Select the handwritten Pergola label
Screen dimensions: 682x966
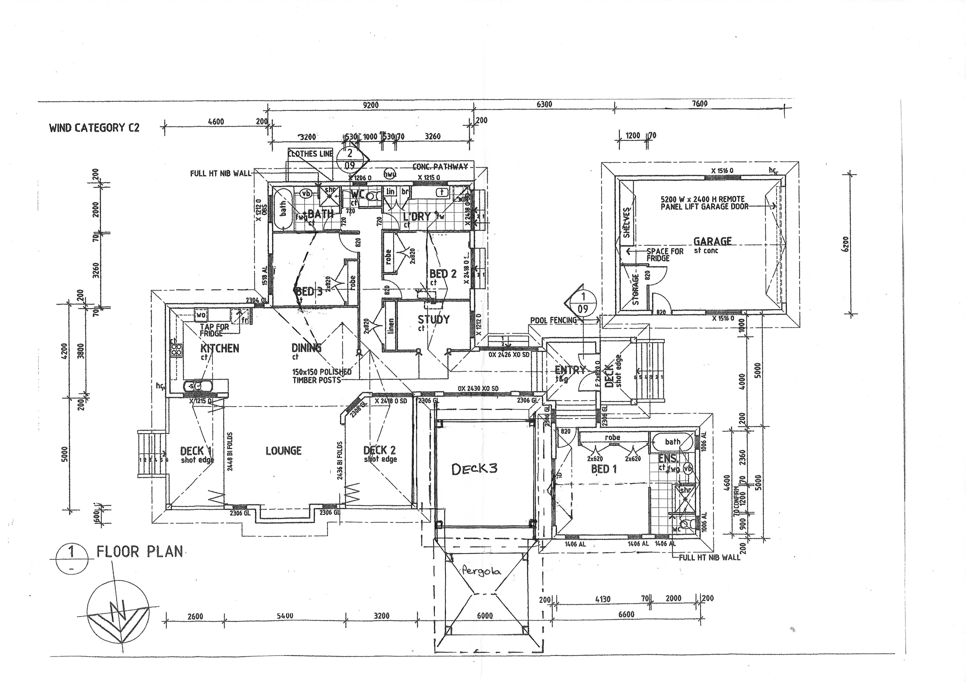tap(481, 571)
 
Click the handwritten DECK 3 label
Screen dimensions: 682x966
tap(474, 469)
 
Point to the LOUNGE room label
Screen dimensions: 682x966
tap(284, 451)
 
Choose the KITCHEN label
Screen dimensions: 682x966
tap(220, 348)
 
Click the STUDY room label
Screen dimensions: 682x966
tap(433, 320)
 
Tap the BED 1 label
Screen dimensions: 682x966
tap(604, 469)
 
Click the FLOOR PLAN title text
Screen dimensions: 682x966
tap(140, 551)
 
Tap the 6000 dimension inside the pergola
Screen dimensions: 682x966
tap(485, 615)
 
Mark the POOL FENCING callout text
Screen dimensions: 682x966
tap(553, 320)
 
